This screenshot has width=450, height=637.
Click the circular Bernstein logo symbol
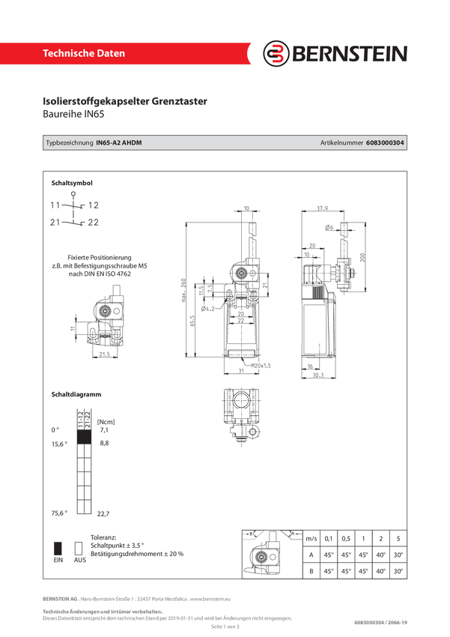[x=277, y=54]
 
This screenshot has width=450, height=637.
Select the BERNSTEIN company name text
[x=349, y=54]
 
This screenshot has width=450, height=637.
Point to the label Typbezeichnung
[x=70, y=142]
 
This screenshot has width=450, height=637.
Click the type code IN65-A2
[x=109, y=142]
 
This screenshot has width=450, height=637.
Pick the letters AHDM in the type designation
[x=132, y=142]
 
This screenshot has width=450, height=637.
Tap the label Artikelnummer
[x=341, y=142]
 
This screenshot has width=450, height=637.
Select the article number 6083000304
[x=386, y=142]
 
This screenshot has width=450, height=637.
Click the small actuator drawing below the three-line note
[x=100, y=322]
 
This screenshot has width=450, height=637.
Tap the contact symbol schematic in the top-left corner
[x=75, y=212]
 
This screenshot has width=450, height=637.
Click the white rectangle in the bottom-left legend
[x=76, y=547]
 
